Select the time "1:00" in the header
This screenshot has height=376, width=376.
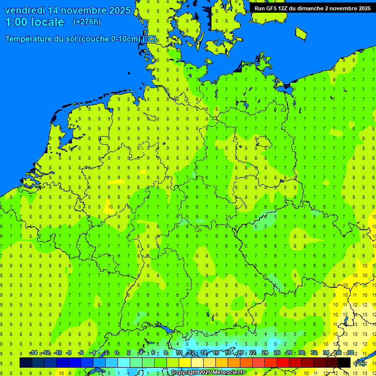pos(16,22)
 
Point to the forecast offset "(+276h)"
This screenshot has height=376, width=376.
pos(87,22)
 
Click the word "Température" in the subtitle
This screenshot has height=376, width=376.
pos(29,39)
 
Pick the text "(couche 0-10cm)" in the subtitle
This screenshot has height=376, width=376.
pos(111,39)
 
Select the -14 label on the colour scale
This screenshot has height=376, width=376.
pos(33,353)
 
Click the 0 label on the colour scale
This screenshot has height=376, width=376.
pos(117,353)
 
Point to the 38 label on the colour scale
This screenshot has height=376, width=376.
pos(351,353)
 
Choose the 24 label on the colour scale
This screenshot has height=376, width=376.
pos(265,353)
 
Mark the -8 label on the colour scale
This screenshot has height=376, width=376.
pos(69,353)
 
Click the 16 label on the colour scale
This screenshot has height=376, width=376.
pos(216,353)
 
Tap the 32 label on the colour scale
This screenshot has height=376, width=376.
pos(314,353)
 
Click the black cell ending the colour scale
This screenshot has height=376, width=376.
pos(344,362)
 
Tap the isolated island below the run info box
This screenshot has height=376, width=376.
pos(301,33)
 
